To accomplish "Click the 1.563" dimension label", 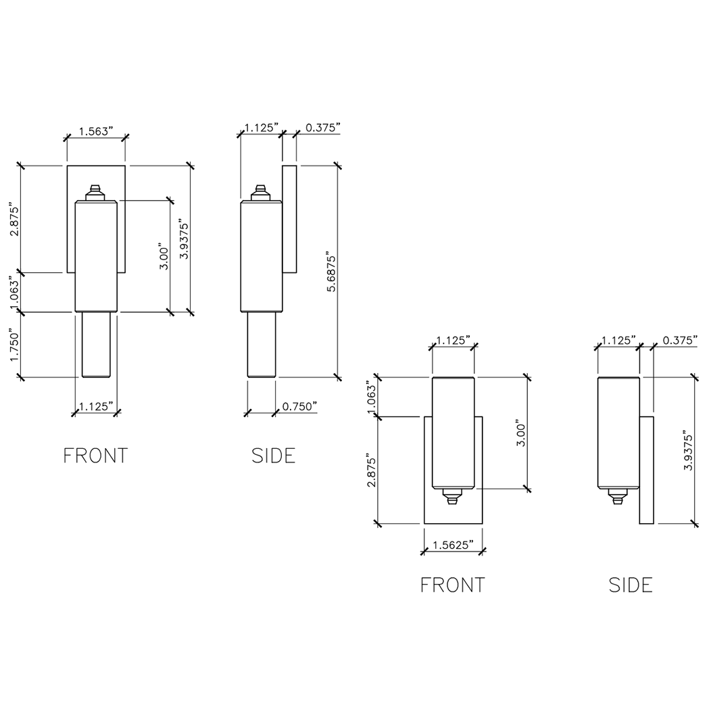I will (x=95, y=131).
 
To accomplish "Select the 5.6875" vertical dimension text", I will (x=330, y=271).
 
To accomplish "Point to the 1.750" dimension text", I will (x=11, y=345).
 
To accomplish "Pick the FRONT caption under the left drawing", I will (x=95, y=456).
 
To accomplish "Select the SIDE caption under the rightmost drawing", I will (x=631, y=585).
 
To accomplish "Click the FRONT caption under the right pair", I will (x=452, y=585).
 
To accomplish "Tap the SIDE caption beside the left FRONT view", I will (x=273, y=456).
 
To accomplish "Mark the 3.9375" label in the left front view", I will (x=183, y=239).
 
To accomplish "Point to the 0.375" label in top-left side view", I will (x=322, y=126).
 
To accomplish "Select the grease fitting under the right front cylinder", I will (x=452, y=498).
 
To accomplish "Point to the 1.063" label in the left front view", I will (x=11, y=291).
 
